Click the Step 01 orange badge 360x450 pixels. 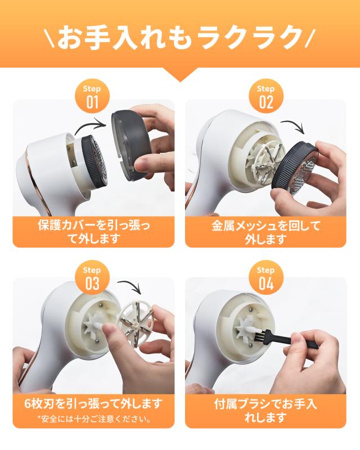[92, 96]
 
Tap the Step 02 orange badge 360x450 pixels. [266, 96]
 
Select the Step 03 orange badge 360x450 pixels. [92, 277]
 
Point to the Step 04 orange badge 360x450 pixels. [266, 277]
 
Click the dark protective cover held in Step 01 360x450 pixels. [132, 146]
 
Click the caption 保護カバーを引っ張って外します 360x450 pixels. [93, 232]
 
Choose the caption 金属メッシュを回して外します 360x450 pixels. [266, 232]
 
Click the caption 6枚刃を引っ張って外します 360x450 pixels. [93, 404]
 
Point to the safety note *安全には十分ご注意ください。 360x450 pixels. [94, 419]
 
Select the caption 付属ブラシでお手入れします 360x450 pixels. [266, 411]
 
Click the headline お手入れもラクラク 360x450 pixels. [180, 38]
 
